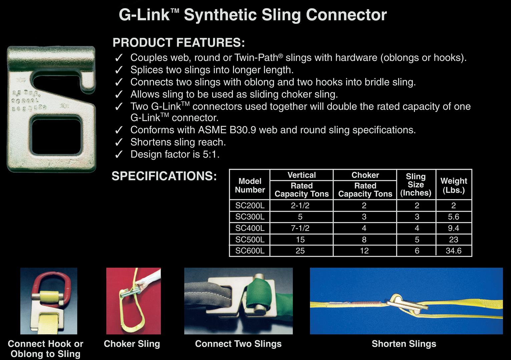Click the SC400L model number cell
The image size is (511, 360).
pyautogui.click(x=250, y=228)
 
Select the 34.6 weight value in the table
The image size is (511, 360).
pyautogui.click(x=454, y=251)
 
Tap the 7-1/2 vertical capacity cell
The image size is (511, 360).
pyautogui.click(x=300, y=228)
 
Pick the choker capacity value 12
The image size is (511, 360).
pyautogui.click(x=364, y=251)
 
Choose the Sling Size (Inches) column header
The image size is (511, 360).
pyautogui.click(x=416, y=185)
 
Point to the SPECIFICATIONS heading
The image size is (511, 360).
pyautogui.click(x=164, y=176)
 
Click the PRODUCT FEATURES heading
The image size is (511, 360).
pyautogui.click(x=179, y=43)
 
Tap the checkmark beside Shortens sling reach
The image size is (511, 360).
pyautogui.click(x=119, y=142)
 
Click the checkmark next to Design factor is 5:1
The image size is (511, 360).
pyautogui.click(x=119, y=155)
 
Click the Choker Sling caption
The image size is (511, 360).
pyautogui.click(x=132, y=344)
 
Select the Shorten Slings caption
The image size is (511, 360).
pyautogui.click(x=404, y=344)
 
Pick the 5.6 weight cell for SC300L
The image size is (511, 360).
pyautogui.click(x=454, y=217)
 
